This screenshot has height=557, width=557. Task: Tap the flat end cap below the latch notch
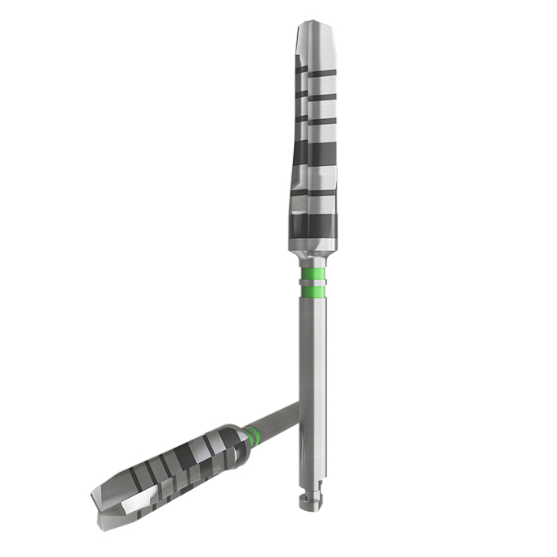coord(310,505)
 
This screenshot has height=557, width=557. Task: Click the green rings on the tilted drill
coord(255,436)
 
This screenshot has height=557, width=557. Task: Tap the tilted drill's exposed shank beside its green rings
coord(275,426)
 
